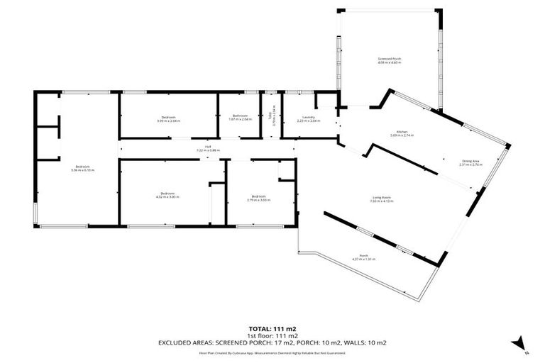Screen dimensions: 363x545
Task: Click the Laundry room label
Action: point(308,118)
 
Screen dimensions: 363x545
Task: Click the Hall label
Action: point(208,149)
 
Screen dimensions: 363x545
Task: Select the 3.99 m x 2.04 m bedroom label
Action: point(168,118)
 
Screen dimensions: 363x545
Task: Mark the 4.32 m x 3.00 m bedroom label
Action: point(167,194)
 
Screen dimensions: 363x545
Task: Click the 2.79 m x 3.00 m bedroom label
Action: point(257,198)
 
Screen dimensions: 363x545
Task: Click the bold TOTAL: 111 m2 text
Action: point(272,329)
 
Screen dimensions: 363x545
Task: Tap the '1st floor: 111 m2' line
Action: point(272,336)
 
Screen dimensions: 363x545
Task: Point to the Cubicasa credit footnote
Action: point(272,352)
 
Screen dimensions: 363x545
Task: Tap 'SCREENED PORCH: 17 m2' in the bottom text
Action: point(251,343)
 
